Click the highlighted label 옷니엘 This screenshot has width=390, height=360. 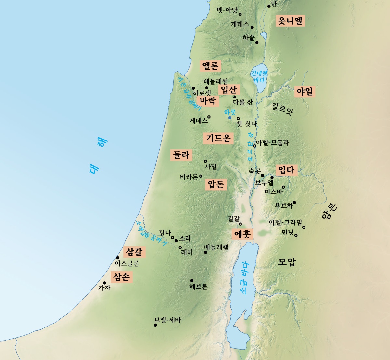pos(290,21)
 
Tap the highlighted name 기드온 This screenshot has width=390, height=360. pos(218,138)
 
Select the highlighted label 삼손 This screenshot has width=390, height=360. pos(122,277)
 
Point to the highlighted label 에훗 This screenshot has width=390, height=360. pos(242,234)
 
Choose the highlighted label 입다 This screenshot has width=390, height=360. pos(286,170)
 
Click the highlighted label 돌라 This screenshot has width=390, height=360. pos(181,155)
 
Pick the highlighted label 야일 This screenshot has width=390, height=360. pos(305,91)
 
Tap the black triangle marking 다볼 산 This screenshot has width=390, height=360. pos(235,97)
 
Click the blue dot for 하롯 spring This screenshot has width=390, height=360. pos(230,118)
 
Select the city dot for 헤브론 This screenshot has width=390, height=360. pos(192,281)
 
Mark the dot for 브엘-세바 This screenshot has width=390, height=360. pos(155,325)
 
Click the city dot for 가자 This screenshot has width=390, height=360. pos(104,283)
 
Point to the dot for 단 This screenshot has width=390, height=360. pos(269,6)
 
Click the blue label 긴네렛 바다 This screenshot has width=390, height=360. pos(259,77)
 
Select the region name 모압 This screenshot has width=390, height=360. pos(287,262)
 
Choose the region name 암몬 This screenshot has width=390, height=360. pos(331,211)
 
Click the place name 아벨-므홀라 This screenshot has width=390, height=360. pos(273,143)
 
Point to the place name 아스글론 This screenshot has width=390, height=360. pos(127,264)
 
